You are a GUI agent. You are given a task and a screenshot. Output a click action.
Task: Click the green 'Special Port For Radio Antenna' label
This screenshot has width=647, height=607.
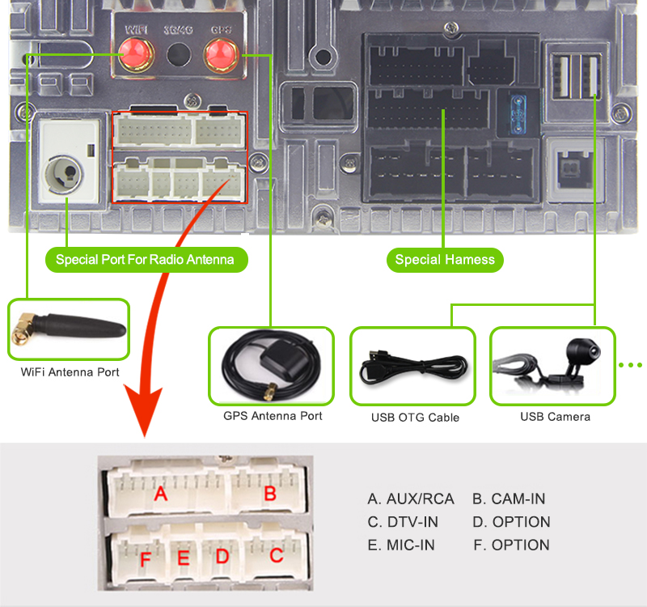[x=145, y=260]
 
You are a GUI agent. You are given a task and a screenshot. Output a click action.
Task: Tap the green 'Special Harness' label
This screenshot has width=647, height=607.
[x=445, y=260]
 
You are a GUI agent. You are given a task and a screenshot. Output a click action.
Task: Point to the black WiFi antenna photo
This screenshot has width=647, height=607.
[x=69, y=329]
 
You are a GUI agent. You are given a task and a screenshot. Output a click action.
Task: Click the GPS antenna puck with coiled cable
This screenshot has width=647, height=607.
[x=271, y=365]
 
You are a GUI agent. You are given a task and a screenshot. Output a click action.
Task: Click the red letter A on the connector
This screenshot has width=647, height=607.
[x=160, y=493]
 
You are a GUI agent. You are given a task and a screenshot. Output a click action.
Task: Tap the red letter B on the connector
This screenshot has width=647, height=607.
[x=270, y=493]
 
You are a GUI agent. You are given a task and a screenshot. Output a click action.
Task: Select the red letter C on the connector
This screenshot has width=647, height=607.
[x=276, y=555]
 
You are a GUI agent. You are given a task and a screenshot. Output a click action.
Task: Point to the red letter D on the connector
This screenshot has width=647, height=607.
[x=222, y=556]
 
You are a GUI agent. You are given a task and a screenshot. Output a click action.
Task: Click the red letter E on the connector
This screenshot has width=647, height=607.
[x=183, y=558]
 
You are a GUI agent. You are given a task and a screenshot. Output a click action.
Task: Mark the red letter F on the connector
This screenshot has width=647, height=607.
[x=145, y=558]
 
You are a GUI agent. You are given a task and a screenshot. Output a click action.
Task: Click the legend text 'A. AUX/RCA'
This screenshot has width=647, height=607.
[x=411, y=499]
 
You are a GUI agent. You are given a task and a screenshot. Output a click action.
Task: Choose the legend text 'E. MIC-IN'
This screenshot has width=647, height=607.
[x=401, y=545]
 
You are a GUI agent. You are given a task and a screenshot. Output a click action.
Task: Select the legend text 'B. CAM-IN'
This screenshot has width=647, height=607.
[x=509, y=499]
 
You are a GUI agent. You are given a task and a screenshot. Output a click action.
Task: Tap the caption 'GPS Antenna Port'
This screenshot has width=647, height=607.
[x=273, y=416]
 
